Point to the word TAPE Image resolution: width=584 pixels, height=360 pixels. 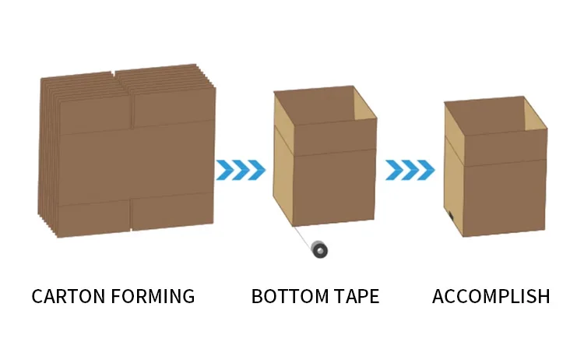tap(357, 297)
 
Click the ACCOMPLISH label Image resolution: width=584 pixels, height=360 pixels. tap(491, 297)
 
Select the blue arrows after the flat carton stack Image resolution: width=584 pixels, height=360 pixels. tap(241, 169)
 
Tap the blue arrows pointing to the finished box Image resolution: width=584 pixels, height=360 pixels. tap(410, 169)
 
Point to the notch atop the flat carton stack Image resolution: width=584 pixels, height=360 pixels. tap(114, 75)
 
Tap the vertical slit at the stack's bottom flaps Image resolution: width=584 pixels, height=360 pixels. tap(130, 214)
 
